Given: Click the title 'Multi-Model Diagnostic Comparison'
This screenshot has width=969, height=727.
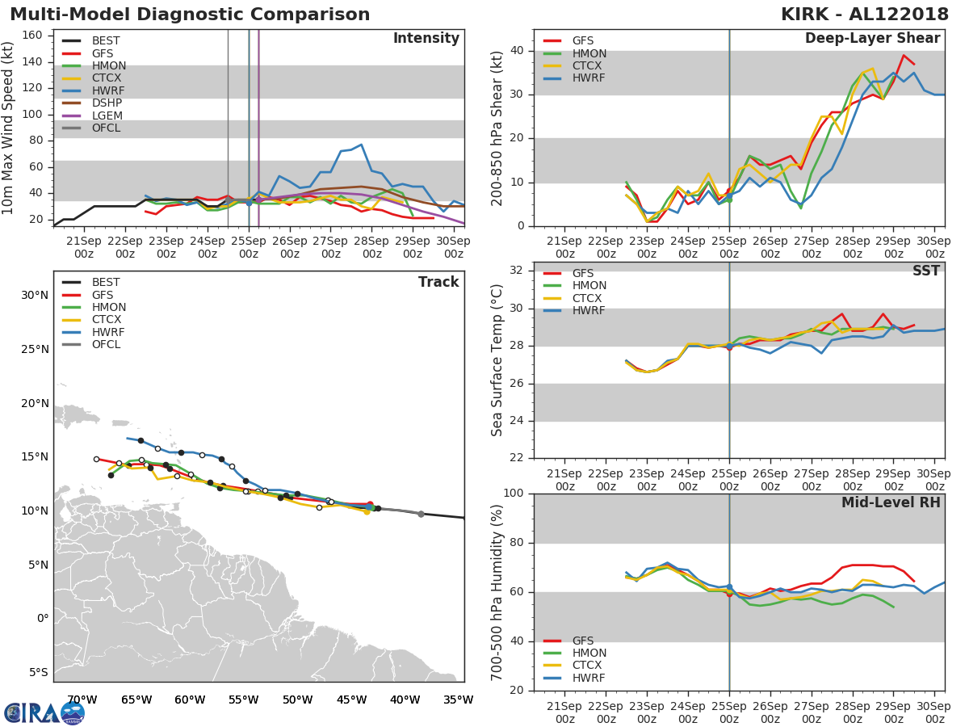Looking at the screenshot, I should point(190,15).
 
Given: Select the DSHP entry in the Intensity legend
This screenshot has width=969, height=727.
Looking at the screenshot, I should point(107,103).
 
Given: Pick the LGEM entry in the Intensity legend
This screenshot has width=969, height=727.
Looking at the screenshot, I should point(107,116).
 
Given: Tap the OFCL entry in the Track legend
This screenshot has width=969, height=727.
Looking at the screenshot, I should point(106,345).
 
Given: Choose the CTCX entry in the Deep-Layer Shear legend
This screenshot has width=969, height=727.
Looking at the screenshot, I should point(588,66).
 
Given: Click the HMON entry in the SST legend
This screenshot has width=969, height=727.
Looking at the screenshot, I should point(589,286).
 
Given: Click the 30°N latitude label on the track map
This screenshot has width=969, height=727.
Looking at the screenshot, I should point(35,296).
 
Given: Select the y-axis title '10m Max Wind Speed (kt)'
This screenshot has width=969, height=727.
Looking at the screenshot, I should point(9,129).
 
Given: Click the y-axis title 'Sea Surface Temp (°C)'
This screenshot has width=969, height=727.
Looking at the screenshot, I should point(497,359).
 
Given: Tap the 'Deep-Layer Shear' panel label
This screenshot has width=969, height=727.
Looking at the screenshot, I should point(872,39).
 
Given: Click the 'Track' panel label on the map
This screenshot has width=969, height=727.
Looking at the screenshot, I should point(438,282).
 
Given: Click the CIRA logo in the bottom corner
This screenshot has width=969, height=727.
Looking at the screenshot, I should point(44,712).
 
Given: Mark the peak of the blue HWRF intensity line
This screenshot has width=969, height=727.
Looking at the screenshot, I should point(360,145).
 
